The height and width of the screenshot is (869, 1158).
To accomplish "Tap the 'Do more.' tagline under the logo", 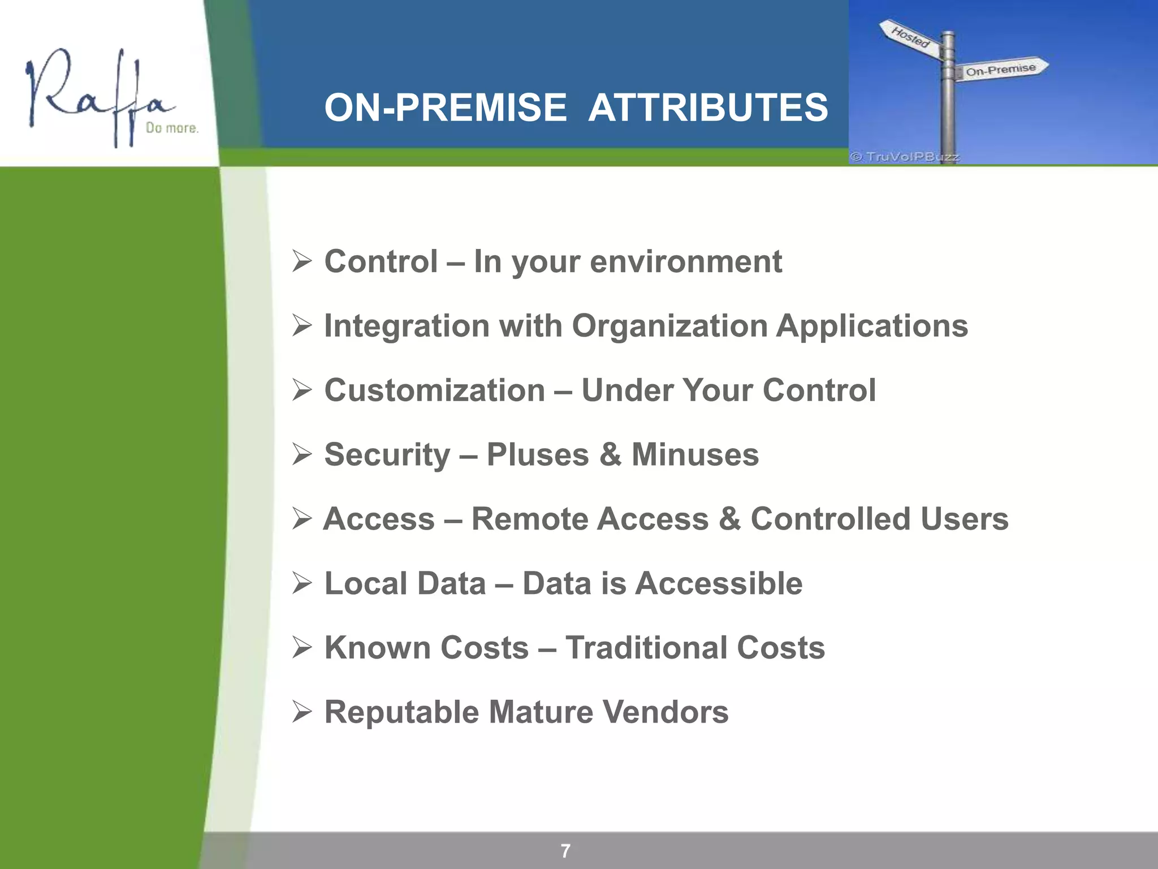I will click(x=172, y=128).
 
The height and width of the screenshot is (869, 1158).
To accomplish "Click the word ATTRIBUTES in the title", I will click(x=708, y=107).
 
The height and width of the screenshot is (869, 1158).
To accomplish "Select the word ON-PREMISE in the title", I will click(x=446, y=107).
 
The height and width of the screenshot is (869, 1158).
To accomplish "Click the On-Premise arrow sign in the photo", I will click(x=1001, y=70).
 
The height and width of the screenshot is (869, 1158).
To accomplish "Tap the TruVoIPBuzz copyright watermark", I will click(x=905, y=157).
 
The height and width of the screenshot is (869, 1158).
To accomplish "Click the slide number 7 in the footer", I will click(x=565, y=850).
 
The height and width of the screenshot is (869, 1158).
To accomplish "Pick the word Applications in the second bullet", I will click(x=871, y=326).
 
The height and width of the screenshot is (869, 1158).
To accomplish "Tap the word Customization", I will click(x=434, y=390).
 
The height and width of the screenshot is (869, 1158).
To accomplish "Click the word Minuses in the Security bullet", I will click(x=695, y=454).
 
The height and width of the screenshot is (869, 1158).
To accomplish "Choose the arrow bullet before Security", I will click(x=302, y=454).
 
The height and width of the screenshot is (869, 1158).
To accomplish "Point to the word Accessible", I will click(x=719, y=583).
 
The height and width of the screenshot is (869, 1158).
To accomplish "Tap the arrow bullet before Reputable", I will click(x=302, y=712).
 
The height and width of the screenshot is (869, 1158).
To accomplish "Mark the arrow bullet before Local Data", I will click(x=302, y=583).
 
